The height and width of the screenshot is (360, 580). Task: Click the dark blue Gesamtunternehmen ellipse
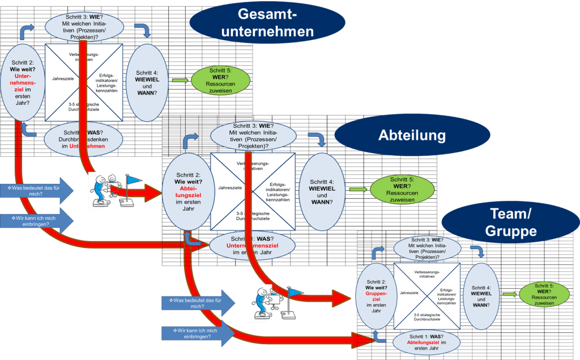tap(267, 23)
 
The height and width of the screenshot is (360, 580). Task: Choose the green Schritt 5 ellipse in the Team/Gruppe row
tap(544, 294)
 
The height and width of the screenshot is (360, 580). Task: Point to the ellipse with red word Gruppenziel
tap(376, 295)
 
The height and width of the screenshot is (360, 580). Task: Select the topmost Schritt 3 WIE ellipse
tap(83, 27)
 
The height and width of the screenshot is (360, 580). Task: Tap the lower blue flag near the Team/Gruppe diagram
tap(295, 293)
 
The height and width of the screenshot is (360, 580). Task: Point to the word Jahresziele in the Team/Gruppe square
tap(409, 293)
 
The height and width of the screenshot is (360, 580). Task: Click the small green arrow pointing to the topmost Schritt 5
tap(179, 80)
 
